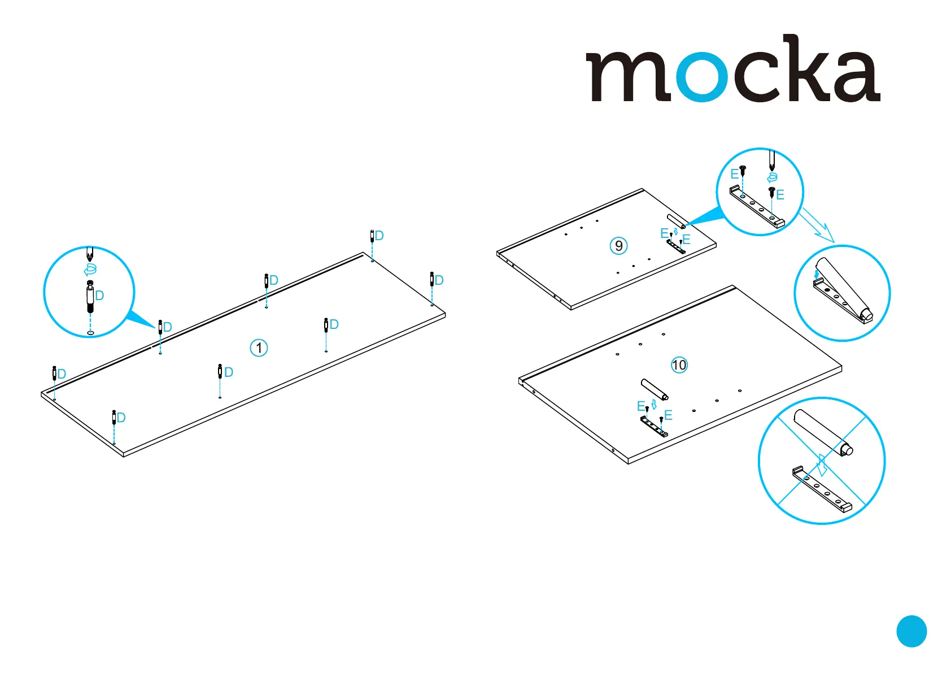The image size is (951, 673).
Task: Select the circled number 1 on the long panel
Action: (259, 348)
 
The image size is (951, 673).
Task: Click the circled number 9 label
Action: (619, 246)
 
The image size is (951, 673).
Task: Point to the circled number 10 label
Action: (679, 365)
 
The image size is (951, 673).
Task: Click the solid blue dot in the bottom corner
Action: (911, 631)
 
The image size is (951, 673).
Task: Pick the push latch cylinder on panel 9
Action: (675, 221)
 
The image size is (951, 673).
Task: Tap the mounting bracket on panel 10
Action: (654, 427)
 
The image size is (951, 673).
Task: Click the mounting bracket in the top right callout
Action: (757, 207)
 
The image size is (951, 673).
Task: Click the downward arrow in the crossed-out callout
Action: (822, 464)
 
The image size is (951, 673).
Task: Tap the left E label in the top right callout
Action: (734, 174)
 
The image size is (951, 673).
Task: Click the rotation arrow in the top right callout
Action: (772, 177)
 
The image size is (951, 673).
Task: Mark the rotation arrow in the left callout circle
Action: (90, 269)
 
